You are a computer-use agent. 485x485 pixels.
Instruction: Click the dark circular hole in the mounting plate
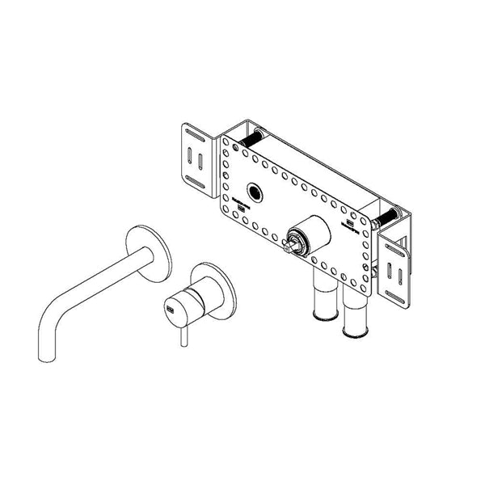point(257,192)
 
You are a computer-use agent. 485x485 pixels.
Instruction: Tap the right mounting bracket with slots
point(398,266)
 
